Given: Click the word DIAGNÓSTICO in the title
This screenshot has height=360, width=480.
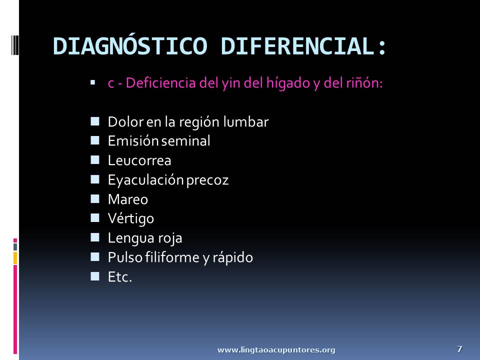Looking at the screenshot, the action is click(130, 46).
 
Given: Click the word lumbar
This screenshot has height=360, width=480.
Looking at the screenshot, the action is click(246, 121).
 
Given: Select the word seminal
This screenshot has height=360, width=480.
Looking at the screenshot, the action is click(185, 141).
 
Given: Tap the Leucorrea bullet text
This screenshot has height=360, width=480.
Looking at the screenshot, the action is click(139, 160).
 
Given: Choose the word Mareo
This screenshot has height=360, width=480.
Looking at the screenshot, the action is click(128, 199).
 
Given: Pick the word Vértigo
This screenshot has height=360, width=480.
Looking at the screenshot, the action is click(130, 219).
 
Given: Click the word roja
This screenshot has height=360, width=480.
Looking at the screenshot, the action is click(171, 238).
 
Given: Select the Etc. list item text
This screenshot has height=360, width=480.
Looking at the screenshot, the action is click(119, 277).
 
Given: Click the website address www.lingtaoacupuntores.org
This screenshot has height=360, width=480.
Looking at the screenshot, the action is click(276, 350).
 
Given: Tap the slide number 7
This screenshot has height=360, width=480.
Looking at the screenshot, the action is click(459, 348).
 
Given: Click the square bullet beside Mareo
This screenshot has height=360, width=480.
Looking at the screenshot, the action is click(95, 198).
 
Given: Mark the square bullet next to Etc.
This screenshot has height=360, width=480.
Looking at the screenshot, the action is click(95, 276).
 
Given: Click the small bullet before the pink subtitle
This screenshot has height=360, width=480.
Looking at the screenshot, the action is click(93, 82).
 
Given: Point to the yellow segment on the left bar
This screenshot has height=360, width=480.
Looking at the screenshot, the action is click(15, 258).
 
